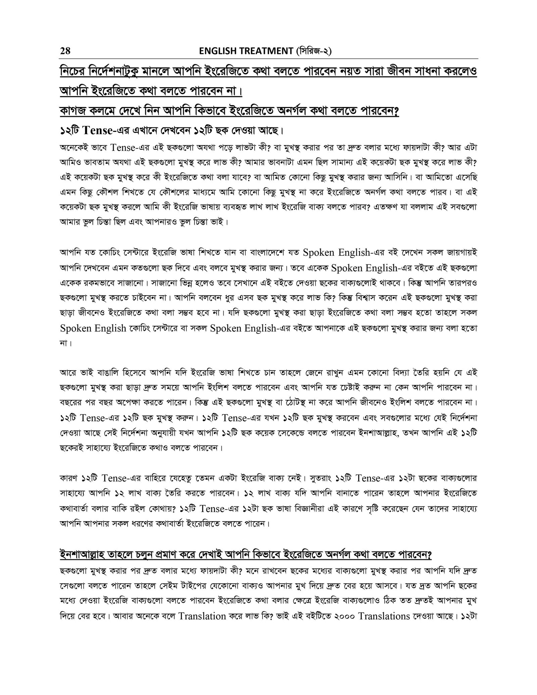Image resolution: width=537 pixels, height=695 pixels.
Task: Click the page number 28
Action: click(x=65, y=51)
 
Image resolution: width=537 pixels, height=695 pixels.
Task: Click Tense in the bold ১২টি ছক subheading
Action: click(x=97, y=130)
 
